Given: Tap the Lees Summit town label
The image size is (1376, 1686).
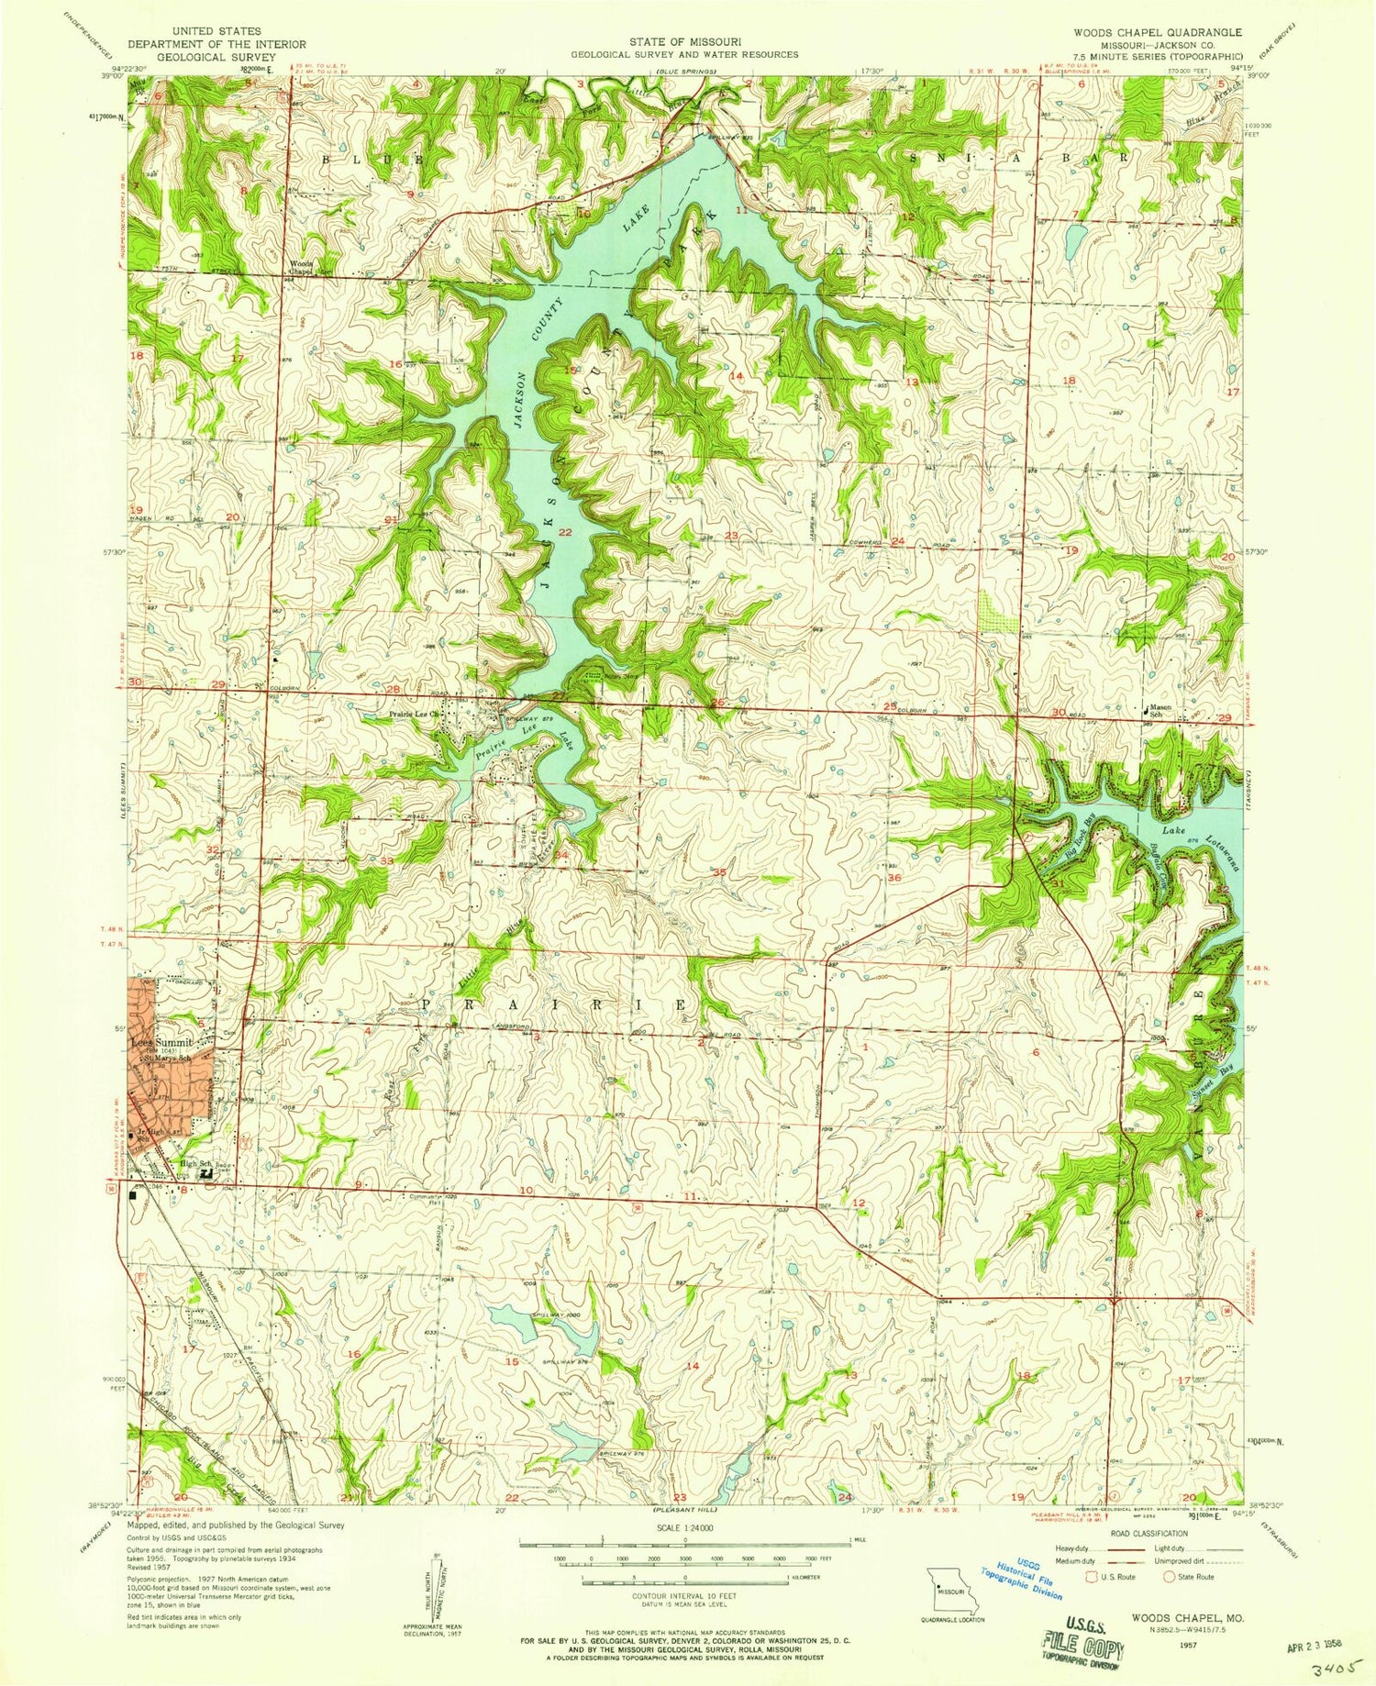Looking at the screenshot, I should pos(160,1043).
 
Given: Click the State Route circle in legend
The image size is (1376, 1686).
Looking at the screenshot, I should pos(1169,1577).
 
